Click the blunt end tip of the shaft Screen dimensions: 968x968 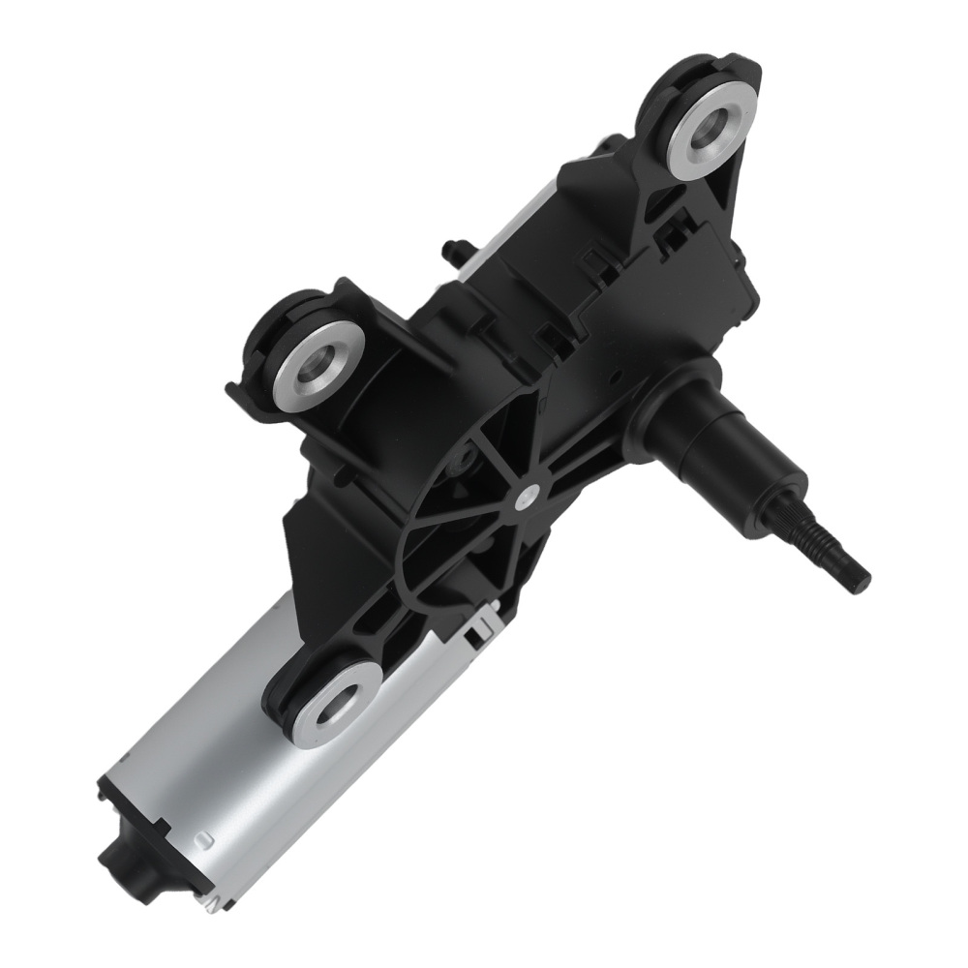(860, 580)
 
